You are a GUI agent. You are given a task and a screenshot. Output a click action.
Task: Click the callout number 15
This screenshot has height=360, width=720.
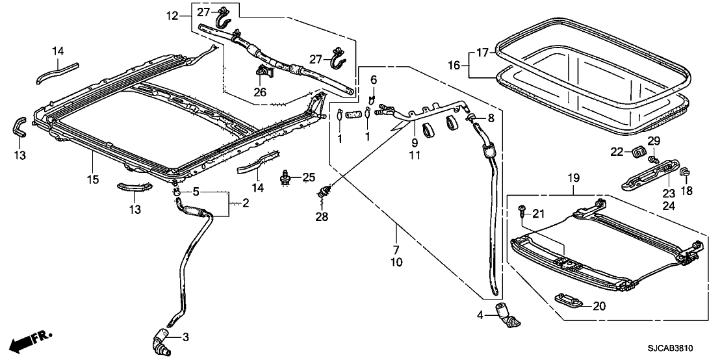94,179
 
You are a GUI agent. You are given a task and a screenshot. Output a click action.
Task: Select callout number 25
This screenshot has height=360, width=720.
308,177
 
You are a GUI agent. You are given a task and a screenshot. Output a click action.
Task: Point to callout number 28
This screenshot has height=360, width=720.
322,216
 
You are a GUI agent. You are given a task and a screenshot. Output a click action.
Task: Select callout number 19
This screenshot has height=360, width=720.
572,177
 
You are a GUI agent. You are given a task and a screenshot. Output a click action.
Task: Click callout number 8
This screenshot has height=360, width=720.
491,118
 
